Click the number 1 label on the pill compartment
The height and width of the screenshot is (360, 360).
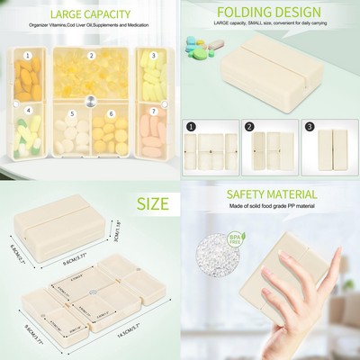(x=29, y=56)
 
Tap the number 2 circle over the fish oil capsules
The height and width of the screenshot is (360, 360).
(x=90, y=56)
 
